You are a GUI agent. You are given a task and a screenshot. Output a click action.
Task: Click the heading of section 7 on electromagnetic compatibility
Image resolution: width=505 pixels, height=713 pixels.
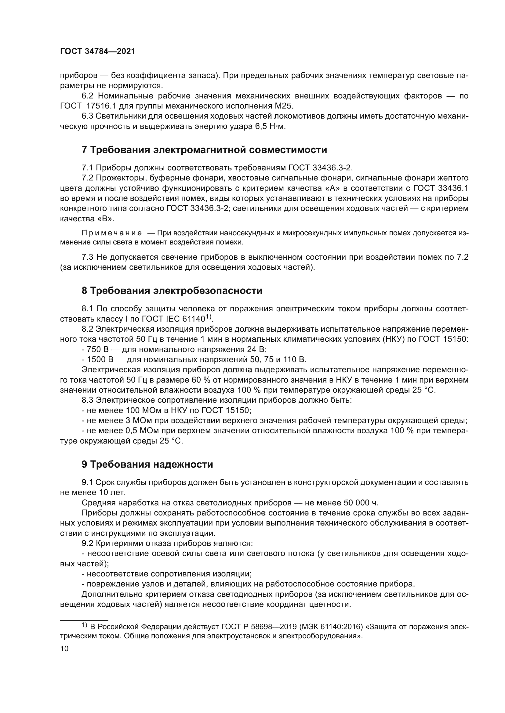(x=204, y=150)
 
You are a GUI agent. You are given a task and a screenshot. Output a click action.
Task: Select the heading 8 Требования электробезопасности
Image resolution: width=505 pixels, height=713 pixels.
(x=172, y=291)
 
